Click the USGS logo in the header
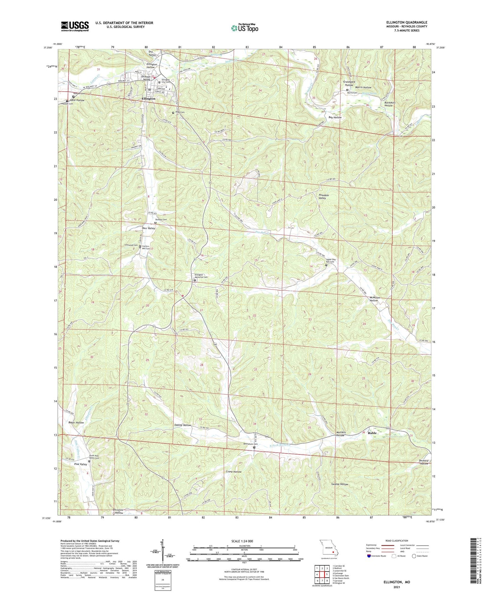click(x=75, y=26)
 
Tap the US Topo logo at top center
click(x=244, y=28)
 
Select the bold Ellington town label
click(x=148, y=99)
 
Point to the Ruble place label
click(x=372, y=433)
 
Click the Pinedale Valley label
click(x=323, y=196)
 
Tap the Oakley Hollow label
click(x=182, y=425)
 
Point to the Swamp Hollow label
click(x=339, y=484)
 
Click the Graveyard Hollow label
click(x=349, y=83)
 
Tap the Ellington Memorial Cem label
click(x=201, y=276)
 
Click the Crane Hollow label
click(x=234, y=472)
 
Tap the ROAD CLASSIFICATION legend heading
click(x=397, y=541)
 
